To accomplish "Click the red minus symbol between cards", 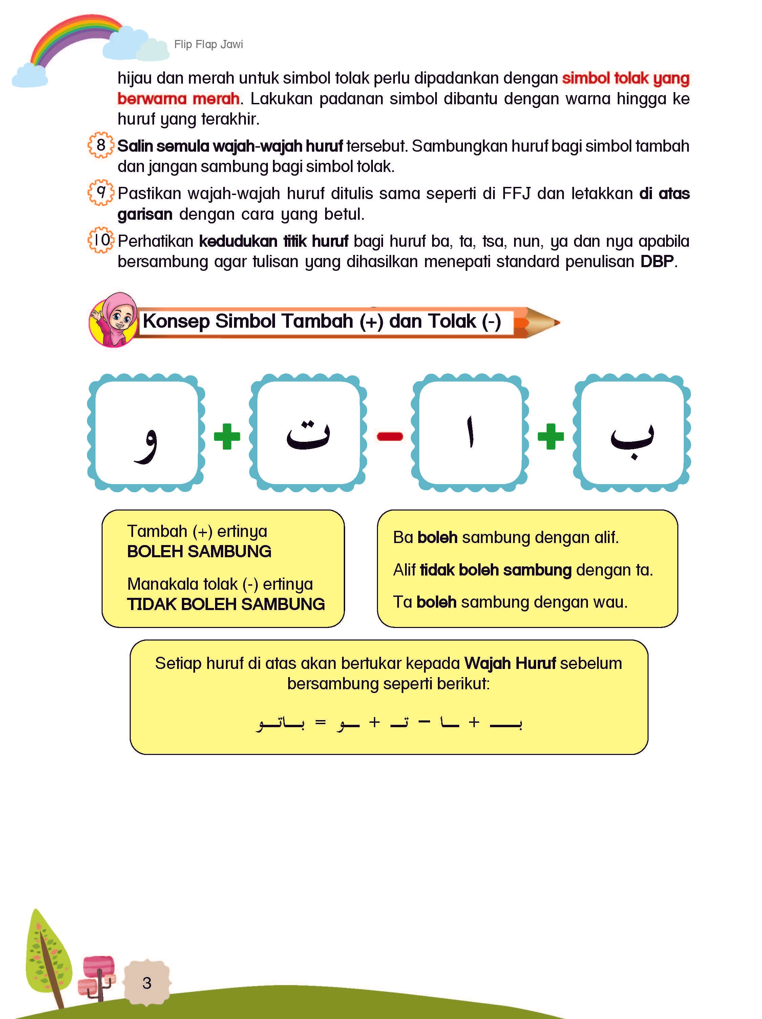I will click(389, 436).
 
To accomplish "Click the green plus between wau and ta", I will click(227, 436).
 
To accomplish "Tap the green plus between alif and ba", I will click(550, 436).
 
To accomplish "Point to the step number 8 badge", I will click(101, 145).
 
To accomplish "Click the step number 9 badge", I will click(101, 193).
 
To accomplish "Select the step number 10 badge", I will click(101, 240).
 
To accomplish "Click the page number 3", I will click(147, 982).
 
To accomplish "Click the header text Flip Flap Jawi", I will click(208, 44).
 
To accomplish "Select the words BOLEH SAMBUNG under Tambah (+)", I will click(199, 551).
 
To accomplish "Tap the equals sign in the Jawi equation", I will click(320, 723).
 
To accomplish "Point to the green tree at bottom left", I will click(48, 954).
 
